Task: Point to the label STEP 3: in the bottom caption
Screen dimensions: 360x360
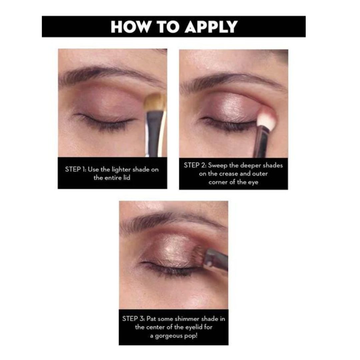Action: [133, 319]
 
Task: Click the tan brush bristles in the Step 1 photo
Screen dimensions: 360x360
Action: [155, 102]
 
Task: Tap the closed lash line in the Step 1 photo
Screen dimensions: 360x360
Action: [104, 121]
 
